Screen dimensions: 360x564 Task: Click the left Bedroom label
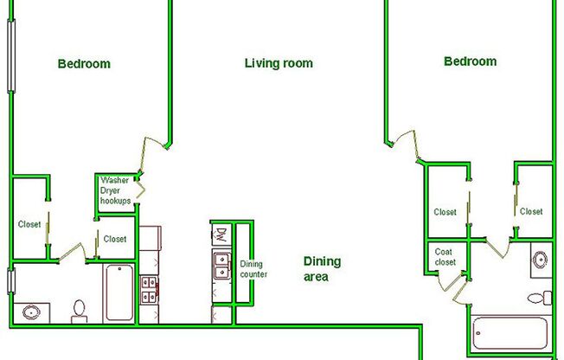84,63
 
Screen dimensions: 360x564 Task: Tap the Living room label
279,63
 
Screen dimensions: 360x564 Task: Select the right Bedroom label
470,61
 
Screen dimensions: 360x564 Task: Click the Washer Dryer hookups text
116,190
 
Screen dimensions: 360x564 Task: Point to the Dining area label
322,268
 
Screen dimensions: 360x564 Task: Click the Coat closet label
445,257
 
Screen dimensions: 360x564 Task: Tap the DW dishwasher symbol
221,234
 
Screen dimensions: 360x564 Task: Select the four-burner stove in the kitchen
151,288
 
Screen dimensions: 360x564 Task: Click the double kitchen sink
221,267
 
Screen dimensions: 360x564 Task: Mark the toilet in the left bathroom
80,311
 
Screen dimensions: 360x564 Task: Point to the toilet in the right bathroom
542,298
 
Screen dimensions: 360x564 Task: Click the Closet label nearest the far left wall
29,224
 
